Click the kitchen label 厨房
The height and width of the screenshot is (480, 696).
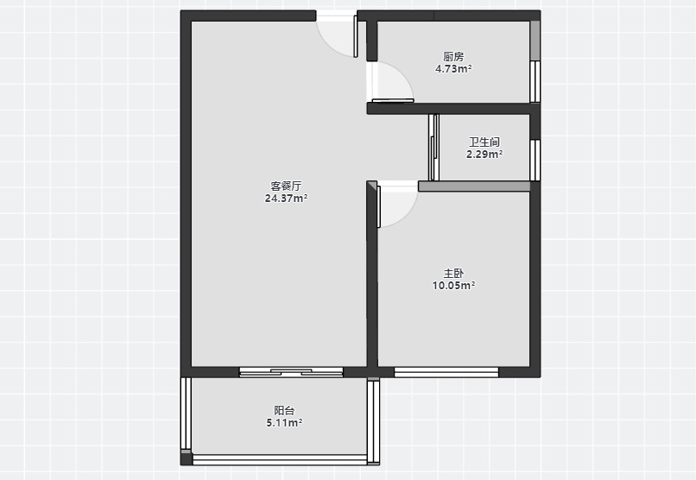pyautogui.click(x=453, y=57)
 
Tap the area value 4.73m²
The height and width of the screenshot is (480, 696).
pyautogui.click(x=453, y=69)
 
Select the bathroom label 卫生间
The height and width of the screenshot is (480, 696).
pyautogui.click(x=484, y=142)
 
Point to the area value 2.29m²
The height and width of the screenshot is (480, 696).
pyautogui.click(x=484, y=155)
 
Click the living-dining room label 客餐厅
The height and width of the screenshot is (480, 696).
pyautogui.click(x=286, y=186)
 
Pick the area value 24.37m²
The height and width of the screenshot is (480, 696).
pyautogui.click(x=286, y=199)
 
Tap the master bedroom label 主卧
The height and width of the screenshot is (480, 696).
pyautogui.click(x=453, y=274)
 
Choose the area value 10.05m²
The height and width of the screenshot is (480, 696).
pyautogui.click(x=453, y=285)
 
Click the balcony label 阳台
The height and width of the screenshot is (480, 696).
pyautogui.click(x=284, y=411)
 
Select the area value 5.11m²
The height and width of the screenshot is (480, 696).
pyautogui.click(x=284, y=423)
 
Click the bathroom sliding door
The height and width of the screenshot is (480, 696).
pyautogui.click(x=433, y=148)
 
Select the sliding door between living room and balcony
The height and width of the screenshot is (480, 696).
pyautogui.click(x=291, y=372)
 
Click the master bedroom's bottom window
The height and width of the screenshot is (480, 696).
pyautogui.click(x=446, y=372)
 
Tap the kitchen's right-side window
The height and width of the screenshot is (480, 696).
pyautogui.click(x=535, y=82)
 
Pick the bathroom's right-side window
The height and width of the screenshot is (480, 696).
pyautogui.click(x=535, y=161)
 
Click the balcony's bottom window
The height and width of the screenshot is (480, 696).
pyautogui.click(x=280, y=459)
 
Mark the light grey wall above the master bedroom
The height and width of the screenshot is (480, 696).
pyautogui.click(x=474, y=186)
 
